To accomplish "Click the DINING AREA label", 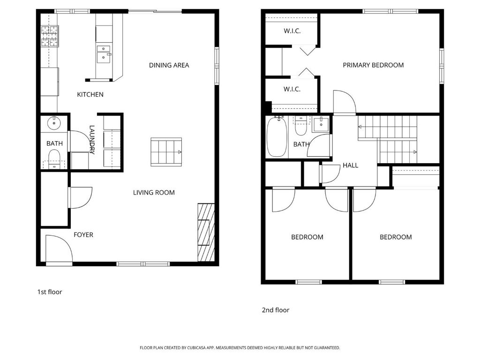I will (169, 65).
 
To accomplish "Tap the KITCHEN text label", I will (90, 95).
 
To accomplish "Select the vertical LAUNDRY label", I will (92, 139).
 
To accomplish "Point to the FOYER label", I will (83, 235).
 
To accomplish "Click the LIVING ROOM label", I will (154, 193).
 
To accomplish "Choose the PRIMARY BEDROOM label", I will (373, 65).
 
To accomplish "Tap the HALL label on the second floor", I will (350, 165).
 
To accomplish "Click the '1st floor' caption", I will (49, 292).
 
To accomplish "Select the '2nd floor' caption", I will (275, 310).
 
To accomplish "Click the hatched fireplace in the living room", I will (206, 232).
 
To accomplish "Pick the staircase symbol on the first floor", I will (166, 152).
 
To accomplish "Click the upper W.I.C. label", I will (292, 31).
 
